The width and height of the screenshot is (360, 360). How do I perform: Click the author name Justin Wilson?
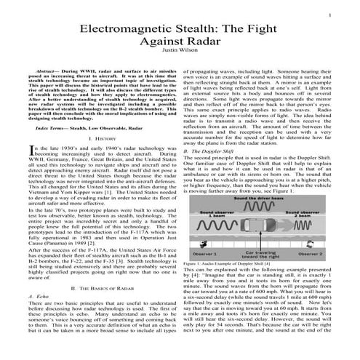pos(180,52)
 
